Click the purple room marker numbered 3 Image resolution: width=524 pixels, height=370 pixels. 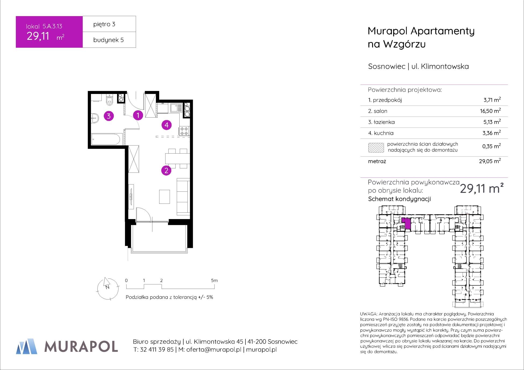coord(109,116)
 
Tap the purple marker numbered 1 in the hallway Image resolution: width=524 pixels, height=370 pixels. coord(138,115)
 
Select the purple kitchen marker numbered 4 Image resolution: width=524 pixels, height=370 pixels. coord(167,125)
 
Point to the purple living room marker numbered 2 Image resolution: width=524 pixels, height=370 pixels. coord(166,171)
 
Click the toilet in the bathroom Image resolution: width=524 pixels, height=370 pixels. coord(109,100)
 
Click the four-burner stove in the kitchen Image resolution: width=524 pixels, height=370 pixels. coord(184,131)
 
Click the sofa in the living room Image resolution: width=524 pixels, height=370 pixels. coord(183,197)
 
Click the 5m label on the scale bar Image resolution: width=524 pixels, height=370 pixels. coord(214,281)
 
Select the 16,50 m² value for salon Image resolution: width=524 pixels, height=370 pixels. coord(490,111)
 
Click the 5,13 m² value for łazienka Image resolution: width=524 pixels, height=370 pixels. coord(492,122)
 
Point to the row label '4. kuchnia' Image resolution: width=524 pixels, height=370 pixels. coord(381,133)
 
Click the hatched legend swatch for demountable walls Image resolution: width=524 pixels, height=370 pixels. coord(376,148)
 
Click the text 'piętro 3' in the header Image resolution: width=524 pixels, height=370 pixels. coord(104,24)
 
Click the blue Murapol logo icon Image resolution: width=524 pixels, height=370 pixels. coord(27,346)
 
